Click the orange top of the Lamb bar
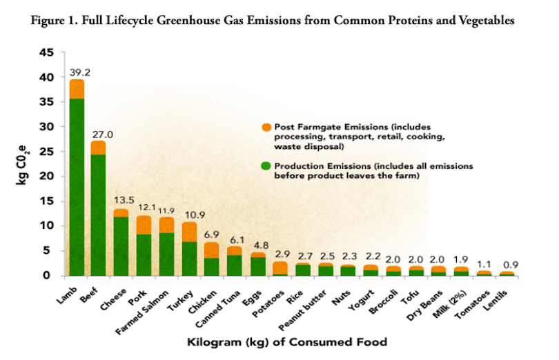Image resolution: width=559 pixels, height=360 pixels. click(x=77, y=89)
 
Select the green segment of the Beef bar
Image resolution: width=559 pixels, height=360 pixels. click(x=98, y=214)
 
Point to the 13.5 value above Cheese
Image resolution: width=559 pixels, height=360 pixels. click(x=122, y=201)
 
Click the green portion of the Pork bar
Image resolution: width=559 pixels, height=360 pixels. click(x=144, y=254)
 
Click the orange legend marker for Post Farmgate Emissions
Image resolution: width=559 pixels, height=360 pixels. click(x=266, y=127)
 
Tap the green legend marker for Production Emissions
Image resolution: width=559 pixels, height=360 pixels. click(x=266, y=166)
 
